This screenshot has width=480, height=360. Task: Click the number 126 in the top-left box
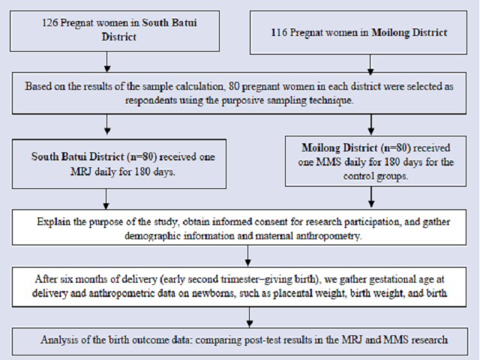[x=50, y=22]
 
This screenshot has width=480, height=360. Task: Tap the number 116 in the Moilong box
[x=279, y=32]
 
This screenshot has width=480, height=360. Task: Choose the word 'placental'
[x=294, y=293]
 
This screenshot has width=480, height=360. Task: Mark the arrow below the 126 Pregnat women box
[x=106, y=61]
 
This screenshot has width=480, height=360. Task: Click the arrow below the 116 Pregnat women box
[x=370, y=65]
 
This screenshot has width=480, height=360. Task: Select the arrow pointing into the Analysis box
[x=250, y=317]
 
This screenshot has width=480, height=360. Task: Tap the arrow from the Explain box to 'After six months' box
[x=248, y=256]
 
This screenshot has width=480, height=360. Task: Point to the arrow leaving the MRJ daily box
[x=106, y=199]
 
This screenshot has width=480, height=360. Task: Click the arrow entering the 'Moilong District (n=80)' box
[x=371, y=125]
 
